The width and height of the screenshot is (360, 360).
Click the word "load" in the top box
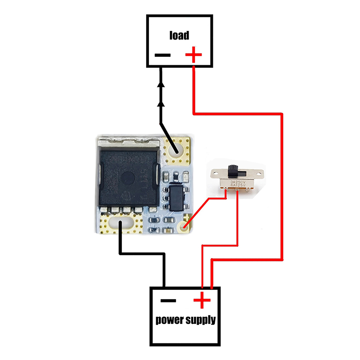pos(179,35)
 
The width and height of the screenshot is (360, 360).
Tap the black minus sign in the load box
pos(162,56)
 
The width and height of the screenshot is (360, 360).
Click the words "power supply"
pos(185,320)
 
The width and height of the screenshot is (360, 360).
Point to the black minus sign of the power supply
pos(168,300)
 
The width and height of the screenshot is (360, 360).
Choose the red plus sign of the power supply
pos(202,299)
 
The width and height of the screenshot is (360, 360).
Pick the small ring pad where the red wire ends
pos(184,226)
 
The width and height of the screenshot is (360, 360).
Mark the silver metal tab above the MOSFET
pos(127,143)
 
